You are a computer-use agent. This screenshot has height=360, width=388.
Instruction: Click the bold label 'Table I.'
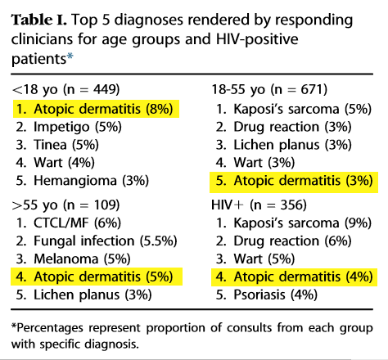pyautogui.click(x=39, y=20)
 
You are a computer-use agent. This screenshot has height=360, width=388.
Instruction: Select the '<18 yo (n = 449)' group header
pyautogui.click(x=66, y=89)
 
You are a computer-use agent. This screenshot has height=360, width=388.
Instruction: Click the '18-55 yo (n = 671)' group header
pyautogui.click(x=269, y=89)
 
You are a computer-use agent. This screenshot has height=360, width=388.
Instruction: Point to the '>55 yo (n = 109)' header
pyautogui.click(x=66, y=205)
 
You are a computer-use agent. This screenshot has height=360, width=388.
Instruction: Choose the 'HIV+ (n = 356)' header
pyautogui.click(x=259, y=205)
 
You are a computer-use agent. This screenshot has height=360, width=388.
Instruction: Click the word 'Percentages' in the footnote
pyautogui.click(x=47, y=328)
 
